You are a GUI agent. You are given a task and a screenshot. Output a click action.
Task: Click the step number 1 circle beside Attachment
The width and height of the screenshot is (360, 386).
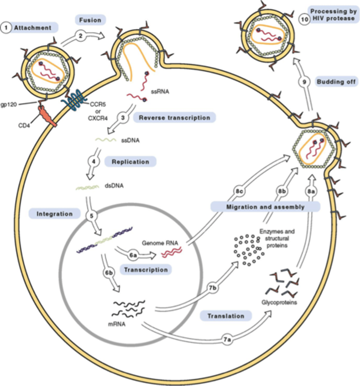coord(6,28)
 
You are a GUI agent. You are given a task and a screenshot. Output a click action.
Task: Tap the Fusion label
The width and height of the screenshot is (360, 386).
coord(90,20)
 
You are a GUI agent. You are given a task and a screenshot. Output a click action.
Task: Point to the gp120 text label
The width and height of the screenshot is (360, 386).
coord(9,105)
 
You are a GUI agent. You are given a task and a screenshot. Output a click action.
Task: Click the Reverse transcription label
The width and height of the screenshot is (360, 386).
coord(174,118)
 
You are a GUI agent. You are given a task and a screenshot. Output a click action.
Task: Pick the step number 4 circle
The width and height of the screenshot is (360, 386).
coord(94,161)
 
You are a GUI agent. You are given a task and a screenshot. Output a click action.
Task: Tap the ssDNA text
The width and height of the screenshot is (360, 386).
coord(130,140)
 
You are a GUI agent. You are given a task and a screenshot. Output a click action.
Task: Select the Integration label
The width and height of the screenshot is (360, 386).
coord(54,214)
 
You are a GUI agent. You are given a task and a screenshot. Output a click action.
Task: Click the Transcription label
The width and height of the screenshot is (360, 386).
coord(146,270)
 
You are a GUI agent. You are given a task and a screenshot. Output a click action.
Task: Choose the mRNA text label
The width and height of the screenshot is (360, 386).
coord(117,324)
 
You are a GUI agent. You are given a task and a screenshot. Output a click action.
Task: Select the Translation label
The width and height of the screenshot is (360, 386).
coord(226,316)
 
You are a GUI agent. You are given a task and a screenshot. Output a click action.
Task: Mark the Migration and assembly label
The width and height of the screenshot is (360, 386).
coord(265,207)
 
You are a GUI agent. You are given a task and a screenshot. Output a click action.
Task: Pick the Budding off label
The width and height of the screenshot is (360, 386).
coord(336,82)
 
